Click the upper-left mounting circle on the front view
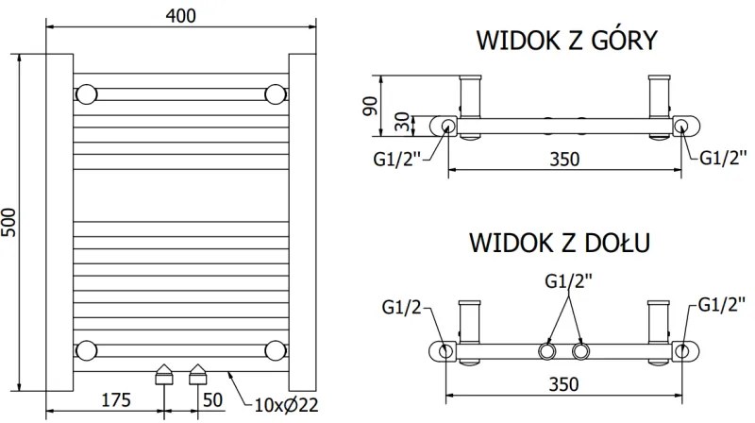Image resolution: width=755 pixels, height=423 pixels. (x=87, y=94)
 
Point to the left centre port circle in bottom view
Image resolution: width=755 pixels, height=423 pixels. (x=546, y=351)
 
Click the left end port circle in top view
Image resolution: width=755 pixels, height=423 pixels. (x=446, y=127)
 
